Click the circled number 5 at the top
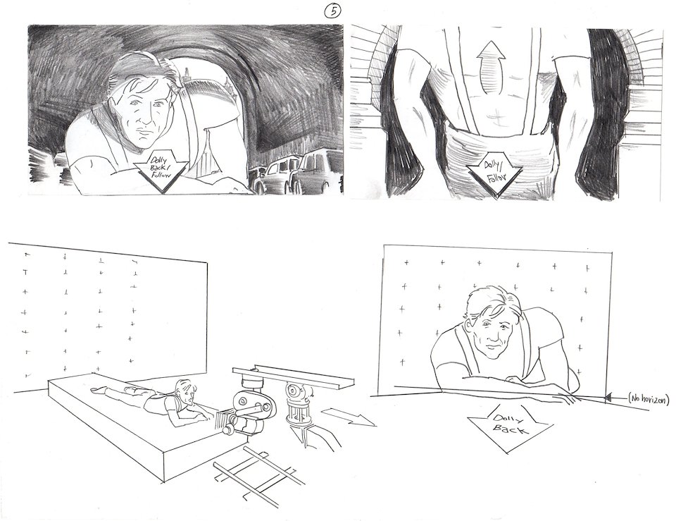(333, 12)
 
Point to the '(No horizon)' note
(648, 400)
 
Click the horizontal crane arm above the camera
(294, 376)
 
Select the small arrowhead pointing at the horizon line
(608, 398)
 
